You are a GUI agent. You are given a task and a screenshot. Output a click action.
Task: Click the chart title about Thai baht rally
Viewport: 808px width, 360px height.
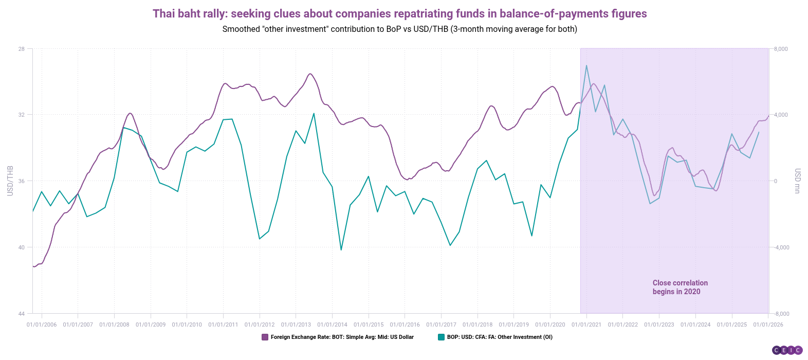click(x=399, y=13)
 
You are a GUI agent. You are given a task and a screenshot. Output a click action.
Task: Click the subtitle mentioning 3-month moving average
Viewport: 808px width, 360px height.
click(x=399, y=29)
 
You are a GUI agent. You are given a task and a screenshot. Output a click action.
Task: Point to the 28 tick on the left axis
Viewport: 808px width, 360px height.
click(x=22, y=49)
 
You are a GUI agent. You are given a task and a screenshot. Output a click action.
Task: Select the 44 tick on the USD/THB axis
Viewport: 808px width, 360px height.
click(x=22, y=314)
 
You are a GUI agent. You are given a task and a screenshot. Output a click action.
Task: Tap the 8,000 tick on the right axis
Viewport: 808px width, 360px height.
click(x=781, y=49)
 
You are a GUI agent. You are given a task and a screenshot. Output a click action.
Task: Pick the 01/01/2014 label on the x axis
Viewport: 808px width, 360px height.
click(x=332, y=325)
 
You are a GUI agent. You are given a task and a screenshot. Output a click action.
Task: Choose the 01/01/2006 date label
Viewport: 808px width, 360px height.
click(x=42, y=325)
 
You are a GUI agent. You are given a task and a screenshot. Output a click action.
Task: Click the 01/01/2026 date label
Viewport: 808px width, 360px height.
click(x=768, y=325)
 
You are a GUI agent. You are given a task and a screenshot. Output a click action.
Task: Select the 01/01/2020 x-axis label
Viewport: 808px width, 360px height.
click(x=550, y=325)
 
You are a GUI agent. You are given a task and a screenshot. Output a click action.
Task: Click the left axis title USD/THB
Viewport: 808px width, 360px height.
click(x=10, y=181)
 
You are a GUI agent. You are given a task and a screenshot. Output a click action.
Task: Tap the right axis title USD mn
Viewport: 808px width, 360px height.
click(x=797, y=181)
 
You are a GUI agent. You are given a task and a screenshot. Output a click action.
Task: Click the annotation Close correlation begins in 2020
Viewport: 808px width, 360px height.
click(x=680, y=287)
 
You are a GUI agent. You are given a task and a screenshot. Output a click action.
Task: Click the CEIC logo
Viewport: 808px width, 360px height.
click(x=787, y=350)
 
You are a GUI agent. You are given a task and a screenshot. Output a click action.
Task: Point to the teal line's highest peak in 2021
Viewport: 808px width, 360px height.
click(x=586, y=65)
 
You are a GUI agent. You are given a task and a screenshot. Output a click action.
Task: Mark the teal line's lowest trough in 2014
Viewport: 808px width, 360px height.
click(x=341, y=250)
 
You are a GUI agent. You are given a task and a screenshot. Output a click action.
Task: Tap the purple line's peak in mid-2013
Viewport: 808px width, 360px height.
click(x=310, y=74)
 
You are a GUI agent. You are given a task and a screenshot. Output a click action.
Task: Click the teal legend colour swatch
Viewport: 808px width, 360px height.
click(x=441, y=337)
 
